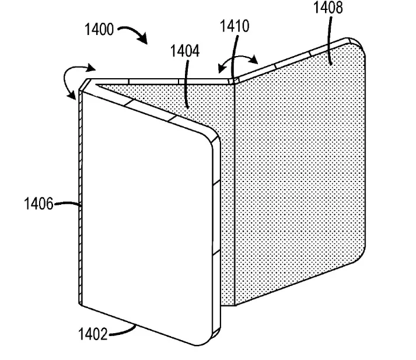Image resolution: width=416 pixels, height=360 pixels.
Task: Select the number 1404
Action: (185, 51)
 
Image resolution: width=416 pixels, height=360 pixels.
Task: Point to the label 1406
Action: (39, 204)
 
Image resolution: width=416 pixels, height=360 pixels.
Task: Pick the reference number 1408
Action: (328, 8)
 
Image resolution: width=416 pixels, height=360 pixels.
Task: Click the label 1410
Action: (235, 26)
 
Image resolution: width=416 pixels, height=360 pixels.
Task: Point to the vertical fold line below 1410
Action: (235, 193)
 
